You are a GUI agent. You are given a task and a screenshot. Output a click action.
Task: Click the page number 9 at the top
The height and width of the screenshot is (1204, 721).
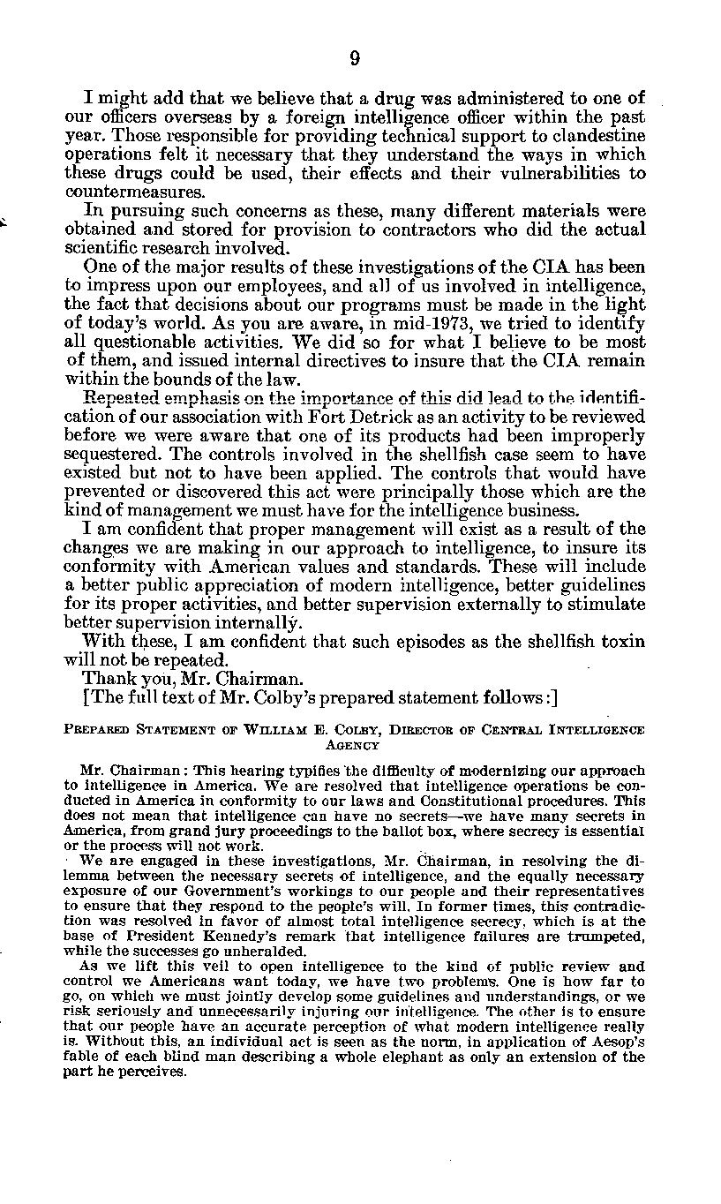point(354,59)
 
